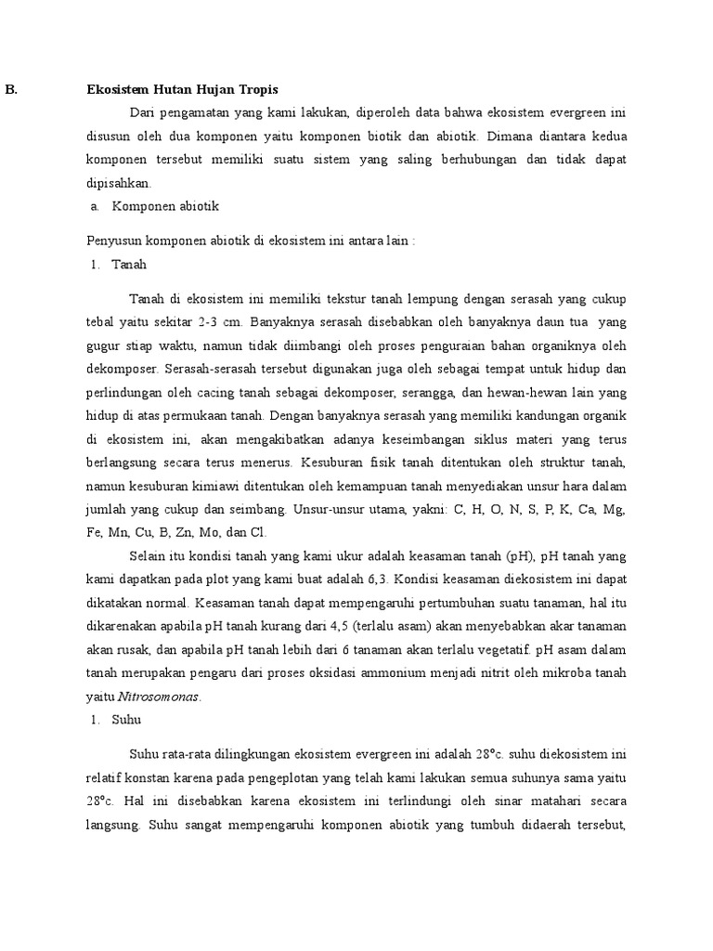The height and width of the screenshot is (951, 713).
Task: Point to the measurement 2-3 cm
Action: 221,322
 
